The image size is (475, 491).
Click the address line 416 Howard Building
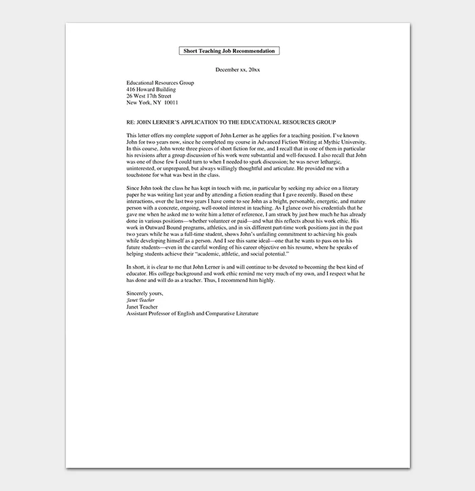click(x=151, y=90)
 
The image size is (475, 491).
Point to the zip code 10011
click(x=171, y=103)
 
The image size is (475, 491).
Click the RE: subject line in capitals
click(x=231, y=123)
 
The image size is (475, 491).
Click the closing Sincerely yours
click(x=145, y=293)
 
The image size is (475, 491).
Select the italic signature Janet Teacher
click(x=140, y=300)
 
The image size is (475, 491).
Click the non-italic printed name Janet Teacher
click(x=142, y=307)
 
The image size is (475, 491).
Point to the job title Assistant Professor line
click(x=192, y=313)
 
